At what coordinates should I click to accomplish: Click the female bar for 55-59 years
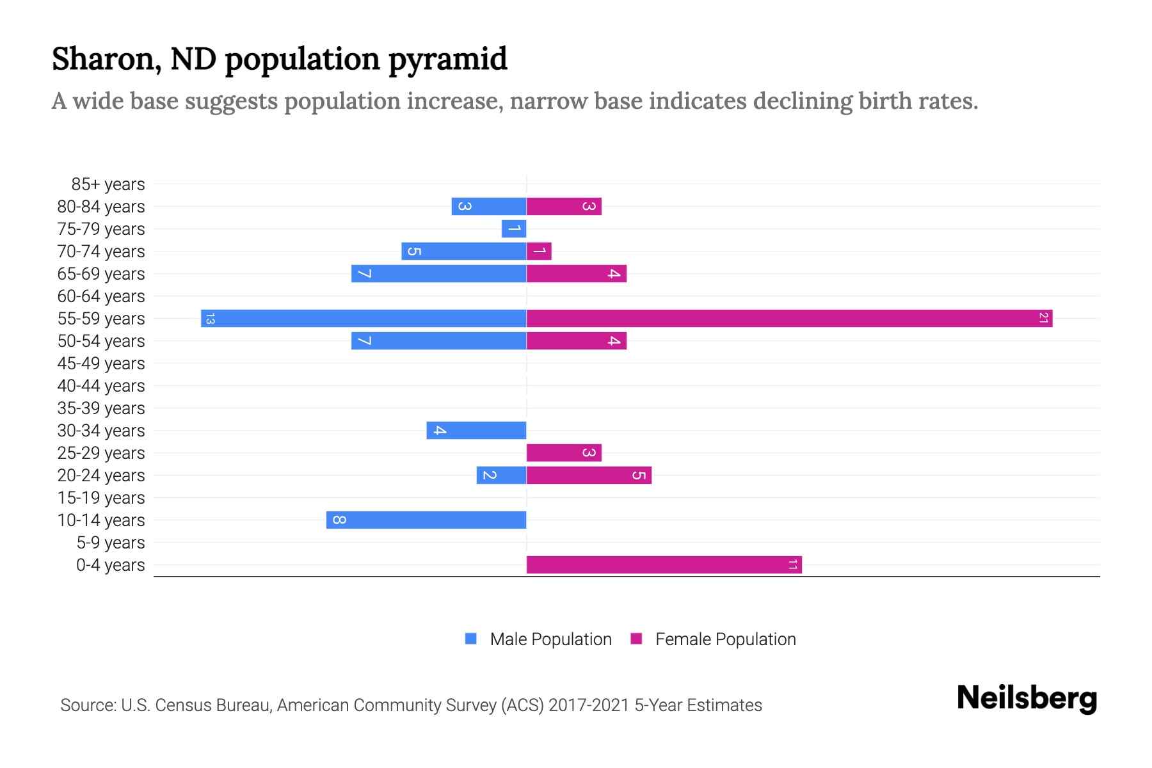tap(789, 318)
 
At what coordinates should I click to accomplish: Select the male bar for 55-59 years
tap(364, 318)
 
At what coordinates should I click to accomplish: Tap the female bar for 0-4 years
tap(664, 564)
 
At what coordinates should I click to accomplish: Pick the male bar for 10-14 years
tap(426, 520)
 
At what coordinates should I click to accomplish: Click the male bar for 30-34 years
tap(476, 430)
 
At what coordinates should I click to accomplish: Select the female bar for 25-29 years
tap(564, 452)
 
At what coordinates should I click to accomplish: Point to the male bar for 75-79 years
tap(514, 228)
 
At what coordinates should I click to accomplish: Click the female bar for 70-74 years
tap(539, 251)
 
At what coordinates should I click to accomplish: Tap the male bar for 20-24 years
tap(501, 475)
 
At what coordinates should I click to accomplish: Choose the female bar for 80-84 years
tap(564, 206)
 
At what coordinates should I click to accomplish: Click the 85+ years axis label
tap(108, 184)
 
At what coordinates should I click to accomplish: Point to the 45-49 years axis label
tap(101, 364)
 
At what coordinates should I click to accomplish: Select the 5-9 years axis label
tap(111, 543)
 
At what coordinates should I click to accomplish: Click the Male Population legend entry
tap(550, 639)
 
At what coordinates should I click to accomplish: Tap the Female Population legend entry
tap(724, 639)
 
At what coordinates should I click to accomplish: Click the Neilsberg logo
tap(1027, 698)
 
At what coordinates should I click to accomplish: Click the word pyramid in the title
tap(447, 60)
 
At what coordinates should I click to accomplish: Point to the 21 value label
tap(1043, 318)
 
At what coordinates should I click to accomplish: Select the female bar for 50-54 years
tap(576, 340)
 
